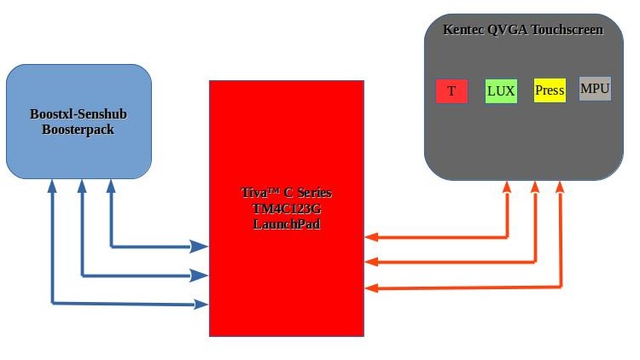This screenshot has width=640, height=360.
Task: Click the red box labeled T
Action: pos(451,91)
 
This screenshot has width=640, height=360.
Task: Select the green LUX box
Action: pos(501,90)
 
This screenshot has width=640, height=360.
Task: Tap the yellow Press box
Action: pos(550,90)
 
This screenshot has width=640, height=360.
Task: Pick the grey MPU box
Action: pos(595,89)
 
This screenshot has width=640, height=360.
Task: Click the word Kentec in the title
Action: pos(463,30)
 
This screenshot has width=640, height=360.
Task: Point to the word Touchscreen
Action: pos(567,30)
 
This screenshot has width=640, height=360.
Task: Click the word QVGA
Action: pos(507,30)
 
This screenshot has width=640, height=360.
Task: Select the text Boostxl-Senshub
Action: pos(79,113)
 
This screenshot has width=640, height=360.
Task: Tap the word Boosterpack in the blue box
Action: pos(79,131)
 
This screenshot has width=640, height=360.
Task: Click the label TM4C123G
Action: pos(287,208)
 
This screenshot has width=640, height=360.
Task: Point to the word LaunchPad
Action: pos(287,224)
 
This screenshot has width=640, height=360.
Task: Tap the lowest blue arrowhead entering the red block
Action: pos(201,303)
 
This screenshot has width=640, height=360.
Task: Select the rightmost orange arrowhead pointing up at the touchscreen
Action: pos(561,187)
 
